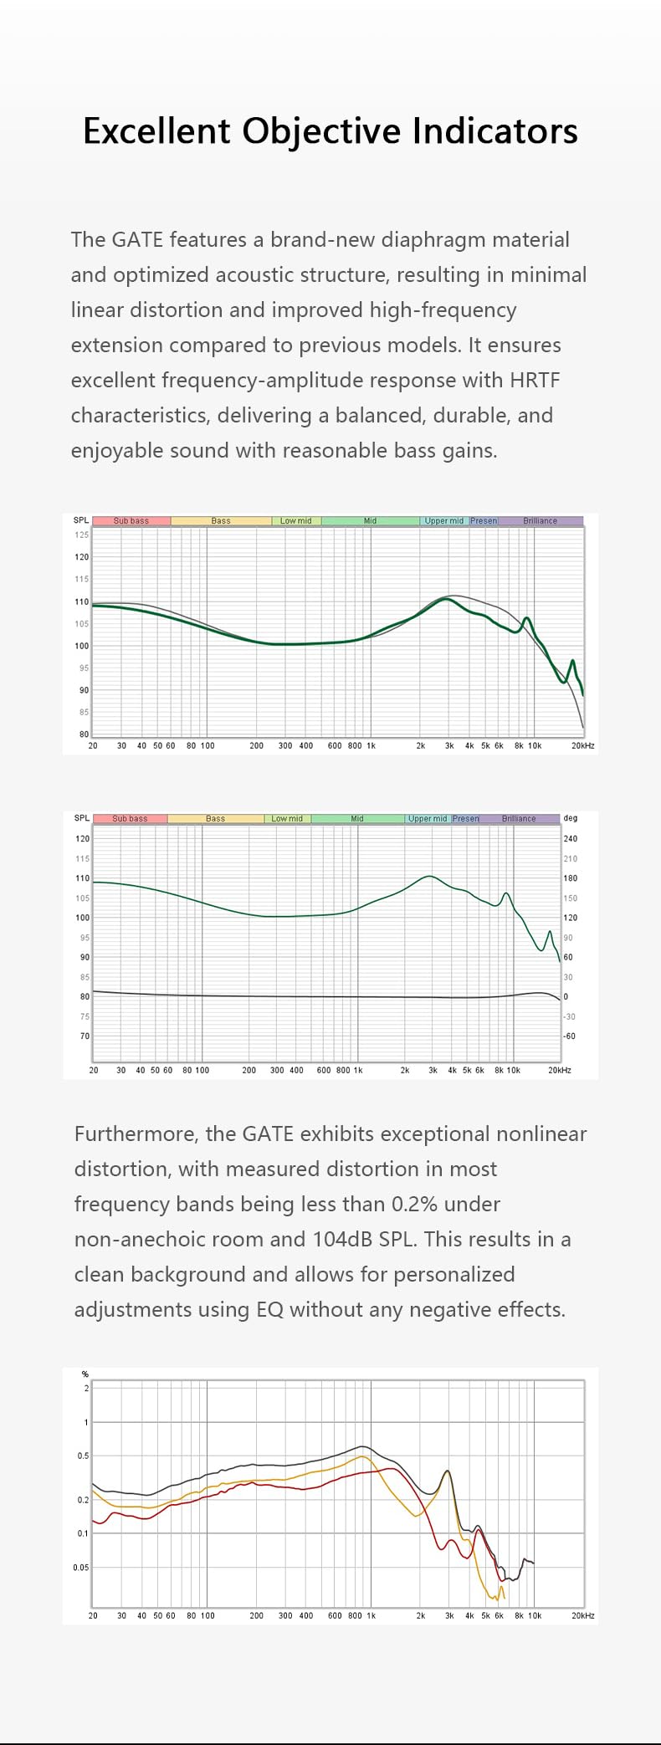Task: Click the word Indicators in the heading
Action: tap(494, 131)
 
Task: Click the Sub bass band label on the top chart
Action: tap(131, 520)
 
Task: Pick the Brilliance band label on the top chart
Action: tap(540, 520)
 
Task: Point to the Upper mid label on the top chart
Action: tap(443, 520)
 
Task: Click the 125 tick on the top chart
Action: tap(82, 535)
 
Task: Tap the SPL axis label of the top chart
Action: tap(81, 520)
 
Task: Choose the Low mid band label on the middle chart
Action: tap(287, 818)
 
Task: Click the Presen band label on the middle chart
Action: tap(466, 818)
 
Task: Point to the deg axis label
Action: tap(571, 818)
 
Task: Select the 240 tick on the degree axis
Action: tap(571, 838)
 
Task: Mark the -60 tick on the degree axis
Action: tap(571, 1036)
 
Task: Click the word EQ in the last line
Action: tap(270, 1309)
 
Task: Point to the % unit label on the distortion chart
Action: tap(85, 1374)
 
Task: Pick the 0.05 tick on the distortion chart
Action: tap(80, 1567)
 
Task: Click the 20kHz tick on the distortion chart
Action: tap(583, 1615)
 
